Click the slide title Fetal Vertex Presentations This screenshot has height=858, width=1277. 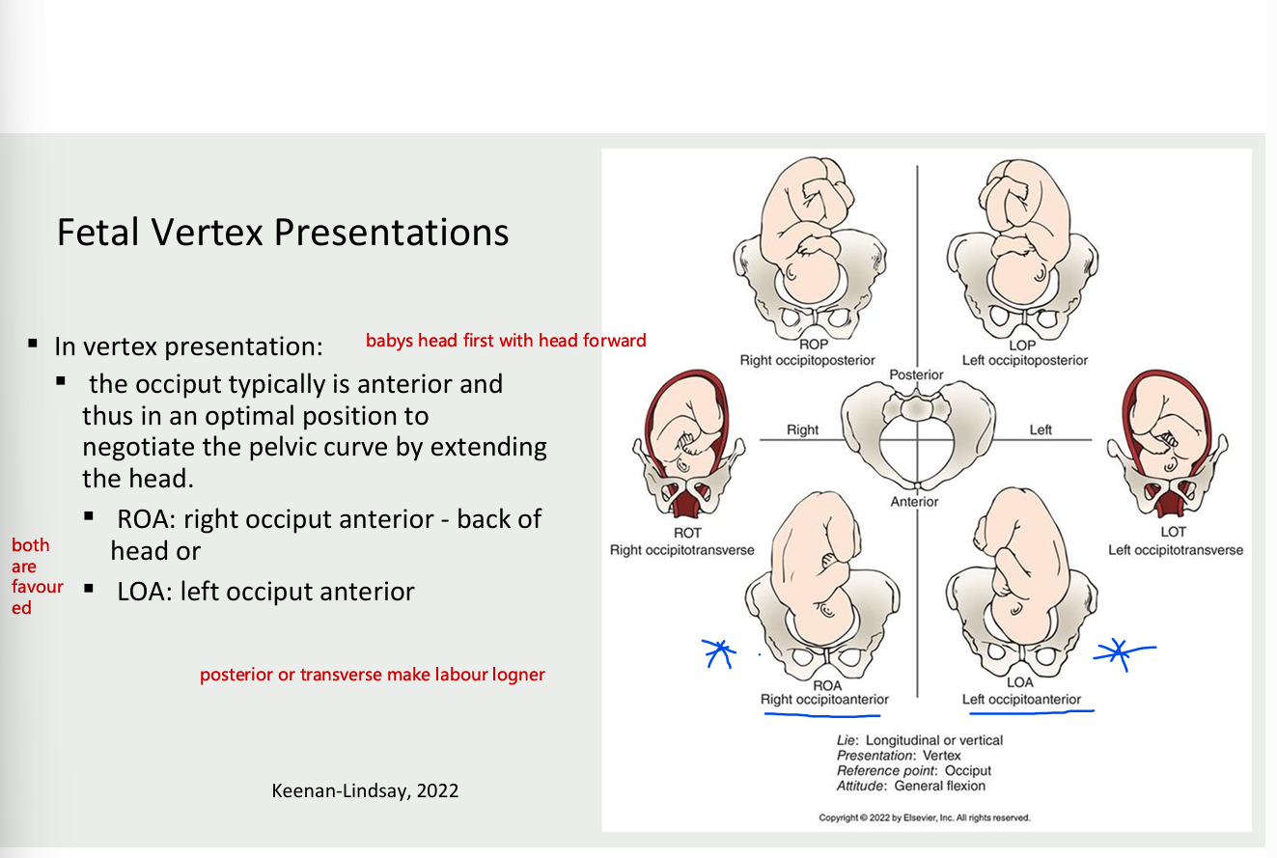click(282, 233)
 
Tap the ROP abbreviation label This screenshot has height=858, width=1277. click(813, 345)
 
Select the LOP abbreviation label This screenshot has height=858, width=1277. click(1023, 345)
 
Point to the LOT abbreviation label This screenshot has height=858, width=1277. click(1174, 532)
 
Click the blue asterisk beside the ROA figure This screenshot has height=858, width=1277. click(717, 653)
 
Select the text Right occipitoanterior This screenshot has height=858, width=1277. click(824, 699)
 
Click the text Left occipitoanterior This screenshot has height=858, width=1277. click(1021, 699)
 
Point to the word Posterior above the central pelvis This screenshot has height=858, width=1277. click(916, 374)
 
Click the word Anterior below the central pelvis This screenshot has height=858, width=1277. click(914, 501)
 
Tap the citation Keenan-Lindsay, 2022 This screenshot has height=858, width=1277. click(366, 791)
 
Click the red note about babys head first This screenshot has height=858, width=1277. click(506, 340)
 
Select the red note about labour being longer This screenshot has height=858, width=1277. click(373, 675)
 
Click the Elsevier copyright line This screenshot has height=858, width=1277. click(925, 817)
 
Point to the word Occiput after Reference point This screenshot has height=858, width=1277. click(968, 770)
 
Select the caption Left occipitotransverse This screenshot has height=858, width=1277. click(1176, 550)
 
